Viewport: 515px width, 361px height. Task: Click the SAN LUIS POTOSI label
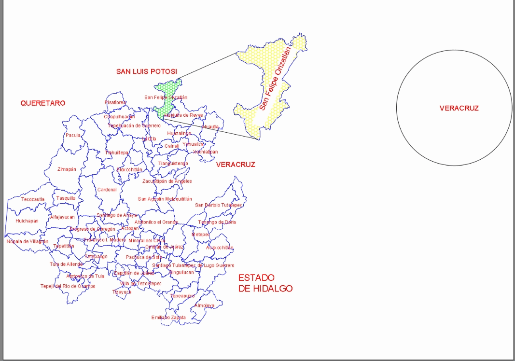point(146,71)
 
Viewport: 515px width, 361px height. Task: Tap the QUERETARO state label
point(42,103)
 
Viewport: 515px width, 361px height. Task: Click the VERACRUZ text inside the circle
point(459,108)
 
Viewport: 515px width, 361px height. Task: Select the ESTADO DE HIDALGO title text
point(265,283)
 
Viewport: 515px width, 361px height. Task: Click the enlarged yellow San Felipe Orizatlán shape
point(270,82)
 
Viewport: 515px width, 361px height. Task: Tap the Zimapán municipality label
point(67,169)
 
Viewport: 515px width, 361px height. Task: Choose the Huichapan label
point(27,221)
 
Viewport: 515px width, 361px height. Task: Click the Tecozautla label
point(33,199)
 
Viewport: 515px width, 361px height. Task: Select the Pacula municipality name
point(73,136)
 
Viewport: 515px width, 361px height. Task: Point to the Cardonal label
point(107,190)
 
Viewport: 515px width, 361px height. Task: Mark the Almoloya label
point(204,305)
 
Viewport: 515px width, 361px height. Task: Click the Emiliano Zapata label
point(168,318)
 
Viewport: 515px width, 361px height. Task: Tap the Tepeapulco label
point(182,296)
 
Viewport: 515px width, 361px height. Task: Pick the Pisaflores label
point(115,102)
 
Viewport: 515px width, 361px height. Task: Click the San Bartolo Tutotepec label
point(218,205)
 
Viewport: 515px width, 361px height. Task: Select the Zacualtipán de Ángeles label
point(167,181)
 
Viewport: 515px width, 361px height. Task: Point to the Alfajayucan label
point(62,217)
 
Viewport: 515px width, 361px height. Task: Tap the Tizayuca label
point(122,292)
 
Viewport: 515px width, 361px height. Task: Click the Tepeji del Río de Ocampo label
point(68,286)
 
